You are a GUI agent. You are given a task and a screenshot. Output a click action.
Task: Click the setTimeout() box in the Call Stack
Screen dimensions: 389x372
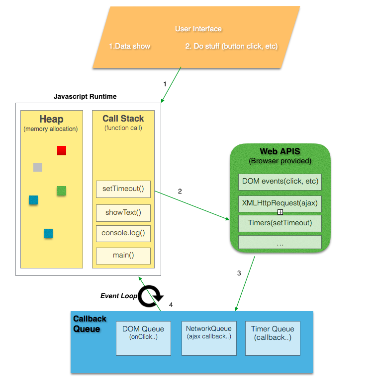[123, 189]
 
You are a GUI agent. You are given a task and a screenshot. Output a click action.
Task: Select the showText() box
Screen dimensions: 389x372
[123, 213]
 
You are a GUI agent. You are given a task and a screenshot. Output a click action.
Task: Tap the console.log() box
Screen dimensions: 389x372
[123, 233]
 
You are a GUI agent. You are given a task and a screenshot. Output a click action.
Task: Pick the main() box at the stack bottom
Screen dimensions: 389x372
[123, 256]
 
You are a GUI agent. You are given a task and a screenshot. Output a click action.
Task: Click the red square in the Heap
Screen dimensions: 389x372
[62, 150]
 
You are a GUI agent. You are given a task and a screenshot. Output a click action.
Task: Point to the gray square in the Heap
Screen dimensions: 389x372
[38, 167]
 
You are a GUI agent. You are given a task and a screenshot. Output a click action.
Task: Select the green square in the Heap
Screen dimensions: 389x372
[62, 191]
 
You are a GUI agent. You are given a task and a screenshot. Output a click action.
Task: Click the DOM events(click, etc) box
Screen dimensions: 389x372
[280, 182]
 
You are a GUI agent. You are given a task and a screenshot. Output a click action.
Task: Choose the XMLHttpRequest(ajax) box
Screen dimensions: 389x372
[280, 203]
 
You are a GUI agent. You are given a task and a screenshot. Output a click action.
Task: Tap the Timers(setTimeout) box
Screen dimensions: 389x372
[280, 223]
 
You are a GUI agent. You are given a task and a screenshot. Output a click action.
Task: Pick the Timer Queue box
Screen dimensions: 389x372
[273, 338]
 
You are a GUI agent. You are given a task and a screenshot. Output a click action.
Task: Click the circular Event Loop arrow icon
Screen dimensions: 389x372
[150, 296]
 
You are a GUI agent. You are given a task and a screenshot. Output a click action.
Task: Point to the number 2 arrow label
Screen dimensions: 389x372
[180, 191]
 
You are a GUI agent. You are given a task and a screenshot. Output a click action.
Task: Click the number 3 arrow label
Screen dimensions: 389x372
[239, 273]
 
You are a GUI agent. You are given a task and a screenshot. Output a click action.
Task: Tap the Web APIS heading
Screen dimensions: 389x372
[279, 151]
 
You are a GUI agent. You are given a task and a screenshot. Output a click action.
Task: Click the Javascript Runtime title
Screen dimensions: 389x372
[85, 96]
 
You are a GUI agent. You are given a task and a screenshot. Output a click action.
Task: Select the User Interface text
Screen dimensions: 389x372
[198, 29]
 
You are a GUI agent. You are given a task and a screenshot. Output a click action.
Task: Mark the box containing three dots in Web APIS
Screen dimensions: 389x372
[280, 243]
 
